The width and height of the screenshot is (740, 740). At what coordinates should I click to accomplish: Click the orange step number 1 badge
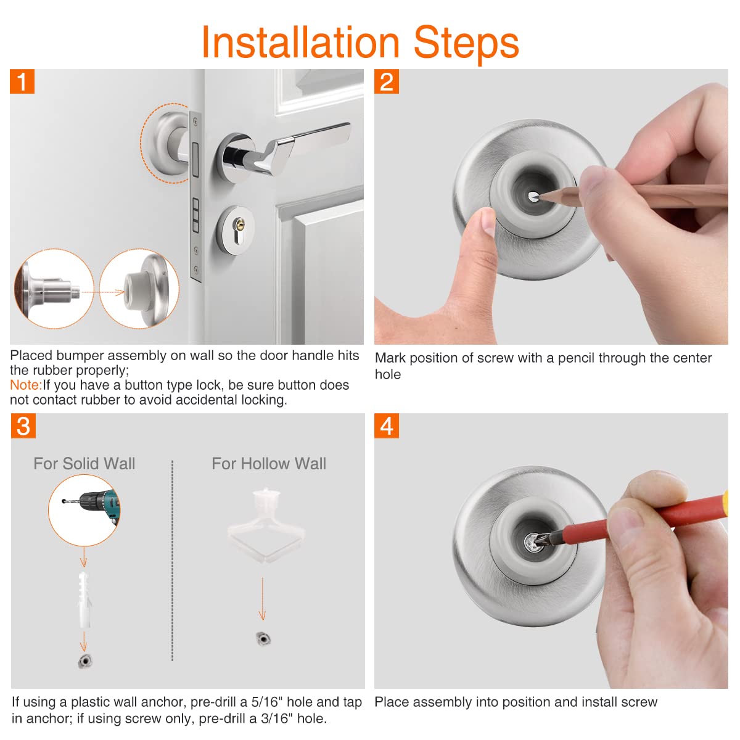pyautogui.click(x=22, y=81)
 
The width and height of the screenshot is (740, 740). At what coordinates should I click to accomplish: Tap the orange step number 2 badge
pyautogui.click(x=386, y=81)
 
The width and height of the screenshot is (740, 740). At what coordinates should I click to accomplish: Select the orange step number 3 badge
pyautogui.click(x=23, y=426)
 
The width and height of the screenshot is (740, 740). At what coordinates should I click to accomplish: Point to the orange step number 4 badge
pyautogui.click(x=386, y=426)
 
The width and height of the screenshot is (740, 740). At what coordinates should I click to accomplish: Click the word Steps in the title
pyautogui.click(x=466, y=44)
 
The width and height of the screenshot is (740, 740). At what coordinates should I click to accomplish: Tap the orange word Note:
pyautogui.click(x=26, y=385)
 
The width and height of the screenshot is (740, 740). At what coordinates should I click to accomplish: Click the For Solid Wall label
pyautogui.click(x=84, y=464)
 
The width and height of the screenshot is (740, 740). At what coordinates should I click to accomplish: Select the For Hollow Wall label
pyautogui.click(x=269, y=464)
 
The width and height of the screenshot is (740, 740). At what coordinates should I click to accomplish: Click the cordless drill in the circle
pyautogui.click(x=92, y=504)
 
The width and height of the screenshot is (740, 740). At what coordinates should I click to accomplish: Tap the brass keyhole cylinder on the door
pyautogui.click(x=239, y=224)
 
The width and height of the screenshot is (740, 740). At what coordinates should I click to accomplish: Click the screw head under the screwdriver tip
pyautogui.click(x=533, y=543)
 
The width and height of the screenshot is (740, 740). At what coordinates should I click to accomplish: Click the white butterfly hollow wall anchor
pyautogui.click(x=266, y=525)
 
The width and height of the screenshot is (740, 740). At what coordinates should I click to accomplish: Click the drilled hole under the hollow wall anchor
pyautogui.click(x=263, y=638)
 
